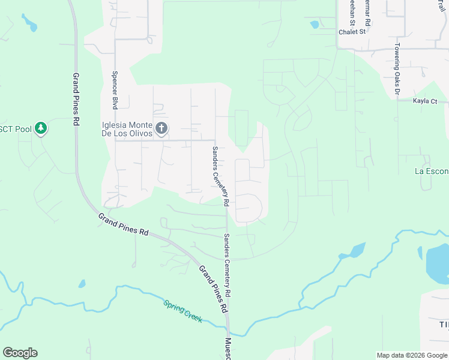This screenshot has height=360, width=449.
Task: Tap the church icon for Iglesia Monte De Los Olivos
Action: point(161,128)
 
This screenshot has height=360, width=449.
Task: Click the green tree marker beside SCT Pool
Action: point(40,128)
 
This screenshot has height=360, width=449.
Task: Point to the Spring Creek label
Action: point(182,310)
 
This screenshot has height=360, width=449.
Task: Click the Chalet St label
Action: point(352,32)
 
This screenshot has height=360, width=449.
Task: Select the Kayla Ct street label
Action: point(425,101)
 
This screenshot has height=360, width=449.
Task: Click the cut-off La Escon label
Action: point(432,171)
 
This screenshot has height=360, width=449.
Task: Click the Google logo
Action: point(20,353)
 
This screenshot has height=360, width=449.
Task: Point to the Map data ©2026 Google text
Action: point(412,355)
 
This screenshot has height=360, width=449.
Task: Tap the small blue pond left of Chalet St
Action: point(315,25)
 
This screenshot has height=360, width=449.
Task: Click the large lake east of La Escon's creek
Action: point(436,264)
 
